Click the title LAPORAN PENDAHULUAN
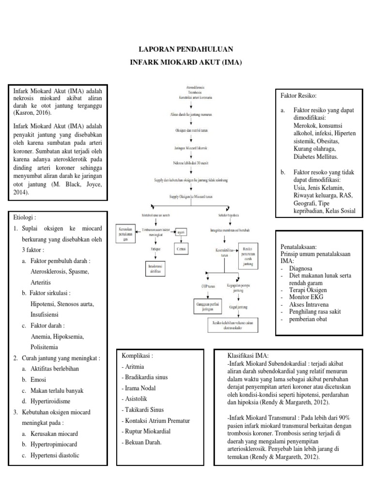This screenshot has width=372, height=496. (186, 49)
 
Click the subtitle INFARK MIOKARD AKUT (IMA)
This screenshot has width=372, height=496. (186, 63)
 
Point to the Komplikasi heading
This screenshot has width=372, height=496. (138, 355)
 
